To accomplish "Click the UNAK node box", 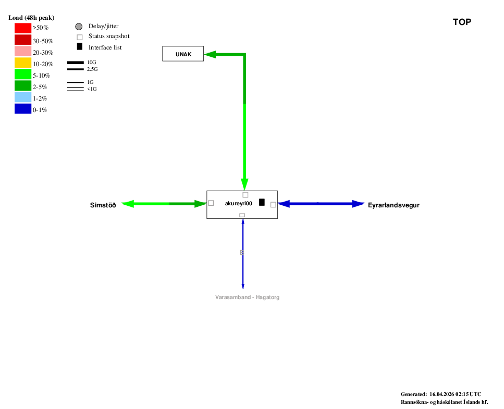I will [183, 54].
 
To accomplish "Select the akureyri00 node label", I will [239, 204].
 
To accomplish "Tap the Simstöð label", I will [103, 205].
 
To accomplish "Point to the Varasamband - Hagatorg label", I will [247, 297].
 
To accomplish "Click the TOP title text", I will [462, 22].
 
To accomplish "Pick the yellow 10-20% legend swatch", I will [23, 63].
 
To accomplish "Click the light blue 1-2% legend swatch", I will [23, 98].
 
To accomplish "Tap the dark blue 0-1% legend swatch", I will [23, 109].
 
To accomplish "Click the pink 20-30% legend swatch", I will [23, 51].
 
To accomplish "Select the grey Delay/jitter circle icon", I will [79, 27].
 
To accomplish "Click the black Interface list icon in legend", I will [80, 47].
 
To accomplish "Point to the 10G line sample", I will [76, 63].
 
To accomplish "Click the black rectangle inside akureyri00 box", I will [262, 202].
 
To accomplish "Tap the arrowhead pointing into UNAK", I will [210, 54].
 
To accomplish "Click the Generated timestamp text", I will [441, 394].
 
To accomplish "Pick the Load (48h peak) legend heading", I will [31, 18].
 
